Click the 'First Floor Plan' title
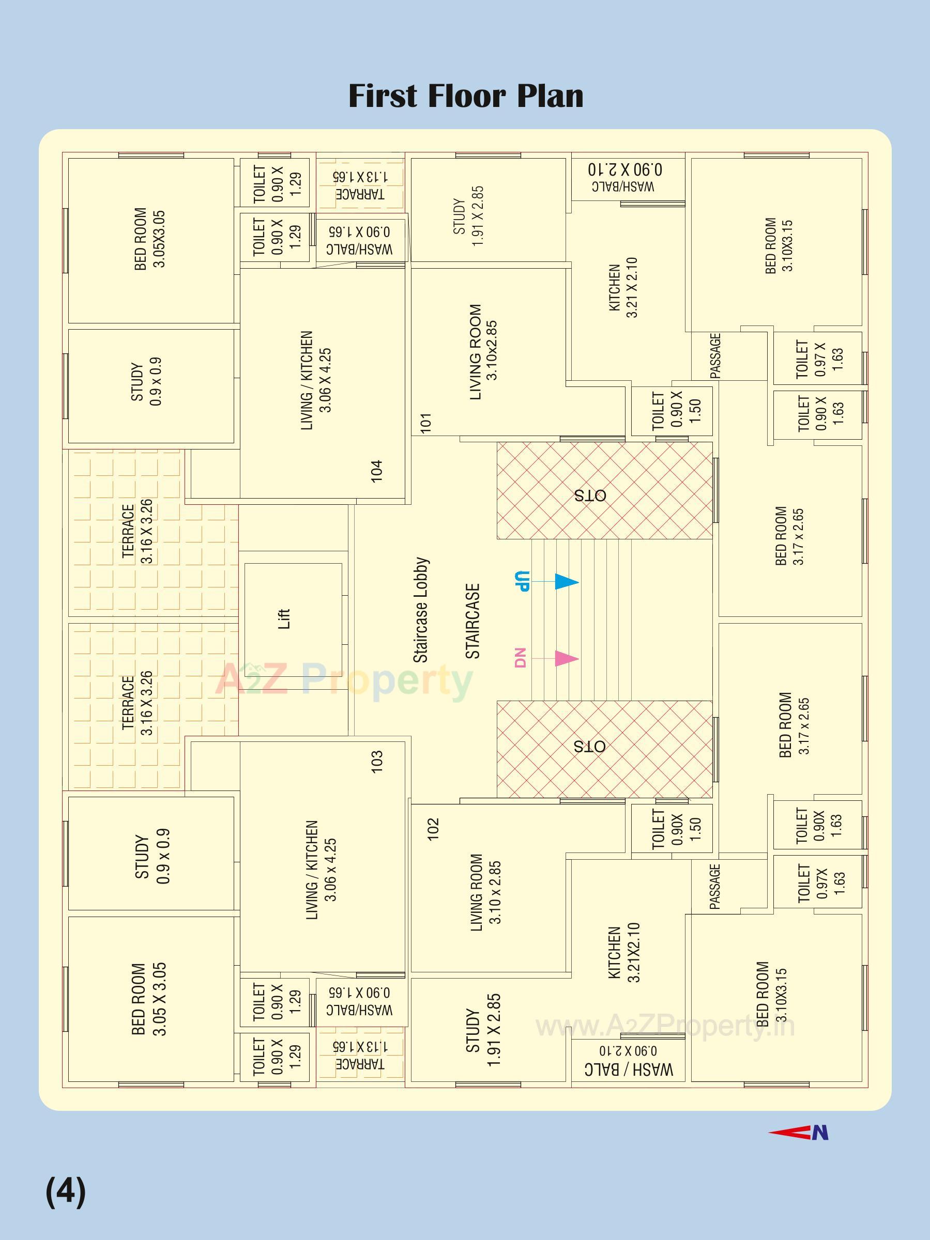(x=466, y=96)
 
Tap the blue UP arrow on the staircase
(x=566, y=581)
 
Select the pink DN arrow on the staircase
(x=566, y=658)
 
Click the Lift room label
(x=284, y=619)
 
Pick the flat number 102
(x=433, y=829)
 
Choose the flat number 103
(x=377, y=761)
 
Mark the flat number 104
(x=377, y=471)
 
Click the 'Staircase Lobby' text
(x=421, y=610)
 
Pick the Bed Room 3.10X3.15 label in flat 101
(x=779, y=245)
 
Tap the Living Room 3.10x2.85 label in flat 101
(x=483, y=351)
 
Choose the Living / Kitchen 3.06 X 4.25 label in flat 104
(x=316, y=380)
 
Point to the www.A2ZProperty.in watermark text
(x=665, y=1027)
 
